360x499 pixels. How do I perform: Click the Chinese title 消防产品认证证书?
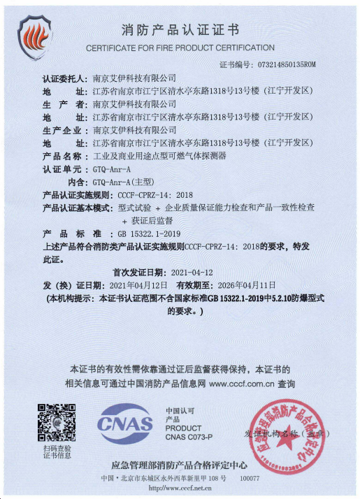[180, 30]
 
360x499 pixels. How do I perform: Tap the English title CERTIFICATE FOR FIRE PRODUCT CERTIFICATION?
[180, 48]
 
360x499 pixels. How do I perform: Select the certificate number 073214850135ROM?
[287, 64]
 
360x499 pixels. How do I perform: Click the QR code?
[56, 421]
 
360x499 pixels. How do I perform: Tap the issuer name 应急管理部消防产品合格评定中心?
[180, 464]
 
